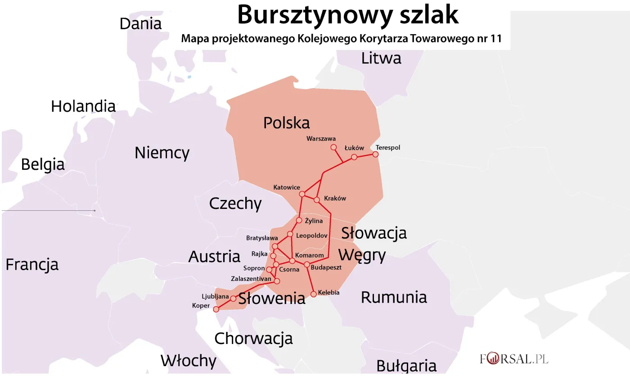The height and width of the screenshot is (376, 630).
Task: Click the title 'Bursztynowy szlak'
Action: pyautogui.click(x=347, y=15)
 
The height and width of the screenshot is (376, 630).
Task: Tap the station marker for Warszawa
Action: pyautogui.click(x=333, y=147)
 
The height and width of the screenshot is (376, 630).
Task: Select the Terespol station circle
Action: pyautogui.click(x=375, y=154)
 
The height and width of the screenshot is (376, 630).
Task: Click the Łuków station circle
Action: pyautogui.click(x=354, y=157)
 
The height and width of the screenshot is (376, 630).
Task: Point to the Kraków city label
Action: pyautogui.click(x=335, y=199)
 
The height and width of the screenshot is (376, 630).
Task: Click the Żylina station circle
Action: pyautogui.click(x=299, y=220)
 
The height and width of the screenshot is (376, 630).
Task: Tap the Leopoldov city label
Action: pyautogui.click(x=312, y=236)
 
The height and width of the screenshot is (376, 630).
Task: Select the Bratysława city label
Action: pyautogui.click(x=262, y=238)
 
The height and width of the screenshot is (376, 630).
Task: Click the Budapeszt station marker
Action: pyautogui.click(x=307, y=264)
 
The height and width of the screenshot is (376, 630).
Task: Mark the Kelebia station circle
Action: pyautogui.click(x=314, y=294)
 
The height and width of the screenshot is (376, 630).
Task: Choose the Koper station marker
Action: pyautogui.click(x=216, y=309)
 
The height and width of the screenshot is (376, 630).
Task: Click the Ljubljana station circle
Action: pyautogui.click(x=233, y=299)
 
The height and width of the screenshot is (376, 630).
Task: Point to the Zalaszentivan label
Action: pyautogui.click(x=251, y=279)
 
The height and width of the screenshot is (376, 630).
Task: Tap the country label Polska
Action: pyautogui.click(x=287, y=122)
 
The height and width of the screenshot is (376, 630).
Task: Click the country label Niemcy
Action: pyautogui.click(x=162, y=153)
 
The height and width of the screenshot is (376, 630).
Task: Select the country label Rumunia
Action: pyautogui.click(x=394, y=297)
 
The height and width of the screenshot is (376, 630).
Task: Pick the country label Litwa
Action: pyautogui.click(x=381, y=59)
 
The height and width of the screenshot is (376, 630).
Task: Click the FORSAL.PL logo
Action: pyautogui.click(x=513, y=359)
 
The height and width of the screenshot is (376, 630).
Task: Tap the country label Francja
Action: pyautogui.click(x=32, y=264)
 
